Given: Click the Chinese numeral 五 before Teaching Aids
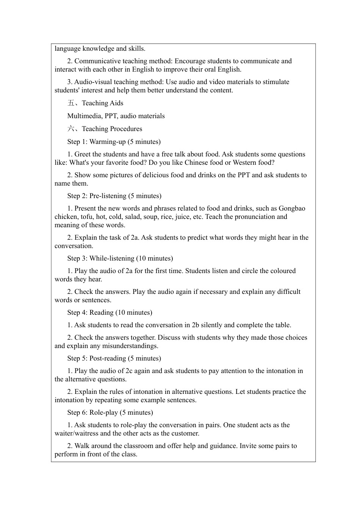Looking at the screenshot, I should (71, 103).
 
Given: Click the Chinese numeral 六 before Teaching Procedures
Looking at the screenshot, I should (71, 129).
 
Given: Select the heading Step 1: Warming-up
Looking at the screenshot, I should (114, 142).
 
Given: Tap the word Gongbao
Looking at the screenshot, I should (292, 208).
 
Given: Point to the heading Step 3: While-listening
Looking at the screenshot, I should (120, 258).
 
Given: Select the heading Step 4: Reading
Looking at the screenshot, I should (110, 312).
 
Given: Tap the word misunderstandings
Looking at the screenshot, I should (130, 346).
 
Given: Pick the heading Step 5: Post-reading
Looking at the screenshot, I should (114, 358).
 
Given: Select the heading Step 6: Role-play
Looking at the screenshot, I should (110, 412).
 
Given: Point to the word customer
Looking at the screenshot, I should (186, 433).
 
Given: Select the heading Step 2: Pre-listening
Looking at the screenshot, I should (114, 196).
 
